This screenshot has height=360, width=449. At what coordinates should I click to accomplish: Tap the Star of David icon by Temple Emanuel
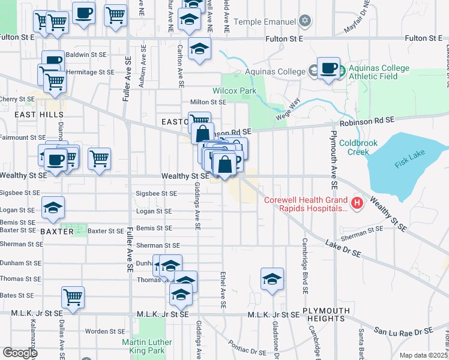point(305,22)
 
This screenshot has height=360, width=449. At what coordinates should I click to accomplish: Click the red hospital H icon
point(358,203)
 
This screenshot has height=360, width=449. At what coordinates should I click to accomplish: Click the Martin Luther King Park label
point(147,346)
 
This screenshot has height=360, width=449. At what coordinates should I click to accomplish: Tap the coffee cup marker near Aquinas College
point(328,68)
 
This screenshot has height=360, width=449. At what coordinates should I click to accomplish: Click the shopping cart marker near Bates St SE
point(73,296)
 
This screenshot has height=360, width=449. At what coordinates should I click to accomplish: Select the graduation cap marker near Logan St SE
point(53,208)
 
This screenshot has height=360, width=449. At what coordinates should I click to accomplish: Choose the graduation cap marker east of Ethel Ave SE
point(272,279)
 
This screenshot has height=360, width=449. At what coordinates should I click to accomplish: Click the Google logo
point(19,353)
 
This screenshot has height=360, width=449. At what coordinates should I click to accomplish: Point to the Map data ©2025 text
point(423,355)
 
